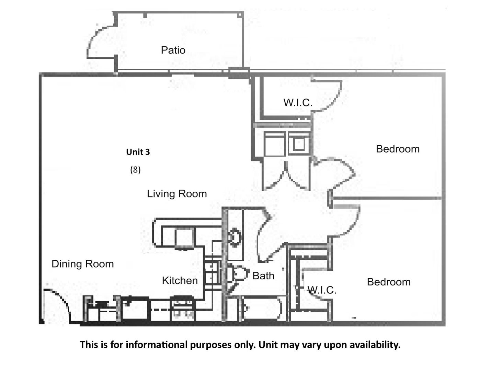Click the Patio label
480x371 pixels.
173,50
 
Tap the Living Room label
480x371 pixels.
177,194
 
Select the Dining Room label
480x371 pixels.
82,264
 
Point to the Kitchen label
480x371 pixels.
180,281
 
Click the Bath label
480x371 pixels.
263,276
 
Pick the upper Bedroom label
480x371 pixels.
398,149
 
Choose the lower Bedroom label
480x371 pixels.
389,282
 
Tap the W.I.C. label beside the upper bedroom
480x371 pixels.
298,102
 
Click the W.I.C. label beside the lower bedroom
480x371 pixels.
322,290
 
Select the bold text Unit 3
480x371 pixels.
138,152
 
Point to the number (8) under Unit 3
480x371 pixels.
135,169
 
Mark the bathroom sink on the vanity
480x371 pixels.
236,237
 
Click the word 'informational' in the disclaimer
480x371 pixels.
156,345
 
